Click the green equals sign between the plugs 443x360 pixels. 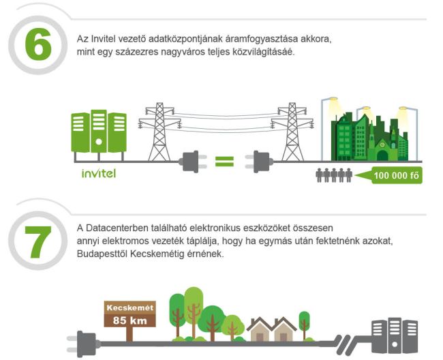[x=224, y=162]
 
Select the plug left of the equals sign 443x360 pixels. [x=192, y=162]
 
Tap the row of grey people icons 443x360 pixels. [x=335, y=175]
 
